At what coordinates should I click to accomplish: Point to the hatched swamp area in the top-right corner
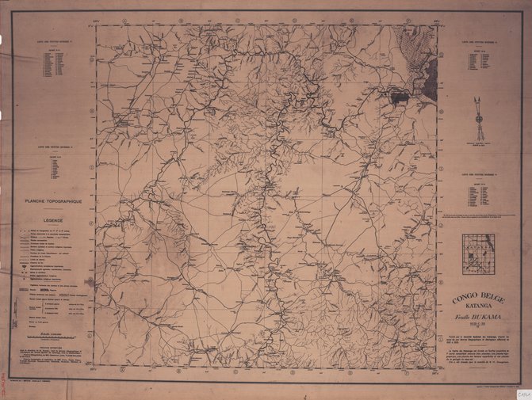[x=420, y=55]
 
